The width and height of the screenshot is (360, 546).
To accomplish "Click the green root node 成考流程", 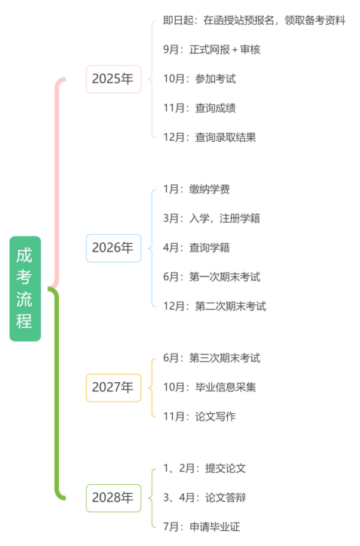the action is coord(25,288).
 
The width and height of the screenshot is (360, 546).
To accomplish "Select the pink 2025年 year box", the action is coord(113,79).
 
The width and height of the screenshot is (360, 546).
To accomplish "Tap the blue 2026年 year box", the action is coord(113,248).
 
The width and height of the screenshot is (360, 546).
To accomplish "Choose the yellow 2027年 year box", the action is coord(113,387).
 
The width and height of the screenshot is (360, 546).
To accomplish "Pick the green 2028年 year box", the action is coord(113,498).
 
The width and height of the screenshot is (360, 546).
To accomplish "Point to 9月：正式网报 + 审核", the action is coord(211,49).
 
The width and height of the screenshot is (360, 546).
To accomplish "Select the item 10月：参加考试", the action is coord(199,79).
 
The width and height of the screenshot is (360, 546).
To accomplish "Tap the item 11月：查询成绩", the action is coord(199,108).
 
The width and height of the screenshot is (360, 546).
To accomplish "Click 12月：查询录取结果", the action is coord(210,137).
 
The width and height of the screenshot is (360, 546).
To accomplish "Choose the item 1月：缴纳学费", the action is coord(196,189).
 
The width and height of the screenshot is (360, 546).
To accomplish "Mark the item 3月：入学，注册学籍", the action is coord(211,218).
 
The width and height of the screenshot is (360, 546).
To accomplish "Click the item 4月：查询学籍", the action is coord(196,248).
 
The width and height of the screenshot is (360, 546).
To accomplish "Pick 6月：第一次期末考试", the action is coord(211,277).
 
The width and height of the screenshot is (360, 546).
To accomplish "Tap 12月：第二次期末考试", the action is coord(215,306).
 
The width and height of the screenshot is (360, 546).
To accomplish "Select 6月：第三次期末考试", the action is coord(211,358).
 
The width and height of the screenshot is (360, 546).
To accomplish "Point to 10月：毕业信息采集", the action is coord(210,387).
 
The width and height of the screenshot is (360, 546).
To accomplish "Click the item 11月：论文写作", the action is coord(199,416).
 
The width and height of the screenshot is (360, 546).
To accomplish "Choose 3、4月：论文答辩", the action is coord(205,498).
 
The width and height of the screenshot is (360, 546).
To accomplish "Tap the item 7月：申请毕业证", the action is coord(202,527).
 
